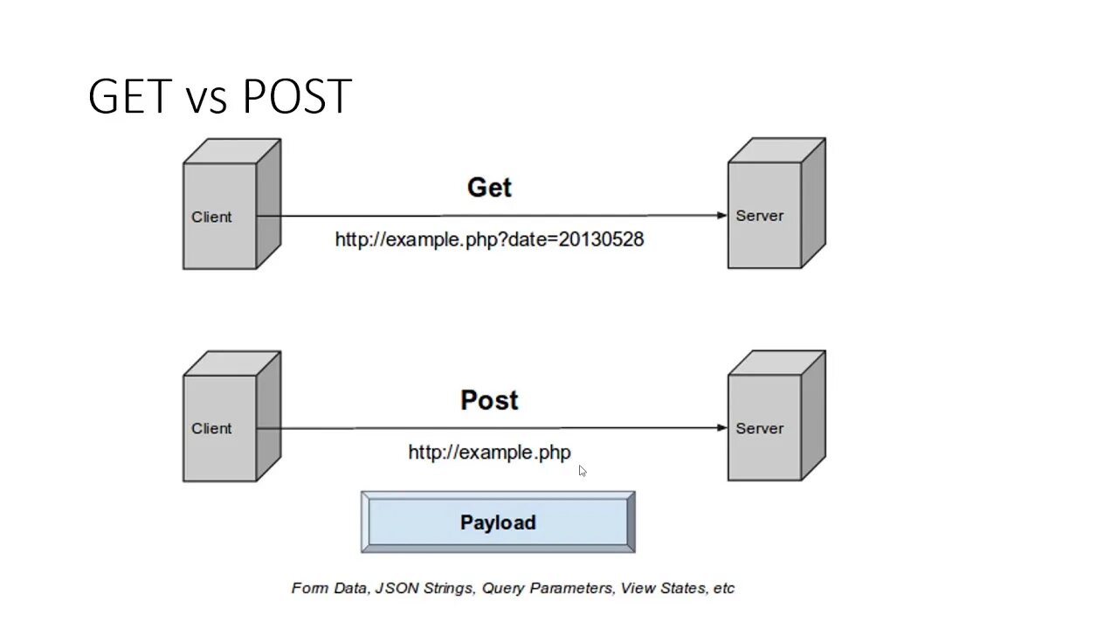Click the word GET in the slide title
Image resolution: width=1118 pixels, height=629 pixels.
point(129,96)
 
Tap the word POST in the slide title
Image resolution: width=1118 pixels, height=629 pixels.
point(297,96)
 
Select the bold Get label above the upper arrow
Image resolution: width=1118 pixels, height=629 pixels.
point(489,188)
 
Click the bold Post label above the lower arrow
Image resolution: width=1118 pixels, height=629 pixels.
point(489,400)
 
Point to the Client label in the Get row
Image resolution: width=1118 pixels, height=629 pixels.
point(211,217)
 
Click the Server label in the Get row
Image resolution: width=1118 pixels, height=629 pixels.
point(759,216)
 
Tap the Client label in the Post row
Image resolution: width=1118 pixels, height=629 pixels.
point(211,428)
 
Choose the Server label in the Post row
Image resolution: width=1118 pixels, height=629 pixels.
point(759,428)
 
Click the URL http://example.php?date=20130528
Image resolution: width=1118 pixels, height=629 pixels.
point(489,239)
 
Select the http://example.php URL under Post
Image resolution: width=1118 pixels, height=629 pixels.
point(489,453)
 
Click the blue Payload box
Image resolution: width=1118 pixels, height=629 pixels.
point(498,522)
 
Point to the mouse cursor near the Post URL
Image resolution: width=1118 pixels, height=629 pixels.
point(582,471)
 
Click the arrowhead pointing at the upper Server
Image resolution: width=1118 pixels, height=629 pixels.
point(721,215)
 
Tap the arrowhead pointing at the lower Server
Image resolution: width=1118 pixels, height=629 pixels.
point(721,428)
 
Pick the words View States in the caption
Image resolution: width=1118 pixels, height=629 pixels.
point(662,588)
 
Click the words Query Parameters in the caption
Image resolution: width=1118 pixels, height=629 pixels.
point(548,588)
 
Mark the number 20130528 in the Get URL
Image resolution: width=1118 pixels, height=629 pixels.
point(602,239)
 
